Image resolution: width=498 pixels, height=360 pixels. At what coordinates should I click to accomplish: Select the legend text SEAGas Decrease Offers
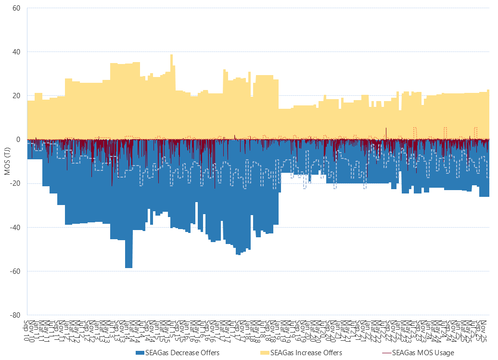(182, 353)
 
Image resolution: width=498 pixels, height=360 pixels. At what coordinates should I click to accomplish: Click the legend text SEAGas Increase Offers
(306, 353)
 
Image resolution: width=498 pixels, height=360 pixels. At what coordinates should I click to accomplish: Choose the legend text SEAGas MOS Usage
(423, 353)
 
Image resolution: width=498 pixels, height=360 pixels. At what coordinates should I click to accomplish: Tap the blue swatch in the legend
(140, 353)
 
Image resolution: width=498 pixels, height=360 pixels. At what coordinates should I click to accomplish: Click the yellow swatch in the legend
(265, 353)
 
